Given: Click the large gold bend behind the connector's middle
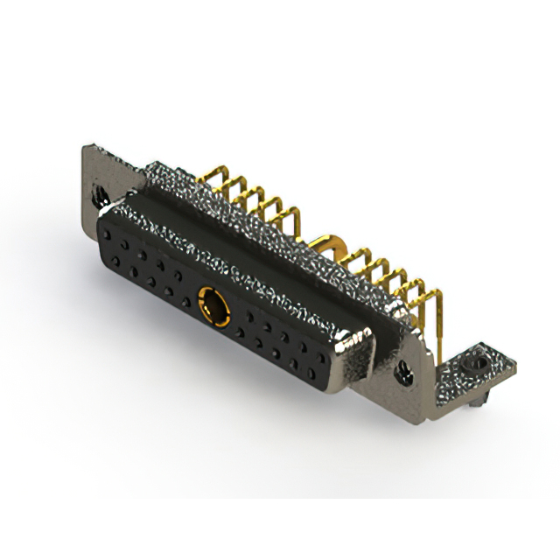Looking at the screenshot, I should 331,242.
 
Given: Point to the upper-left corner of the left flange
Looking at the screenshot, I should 86,147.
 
